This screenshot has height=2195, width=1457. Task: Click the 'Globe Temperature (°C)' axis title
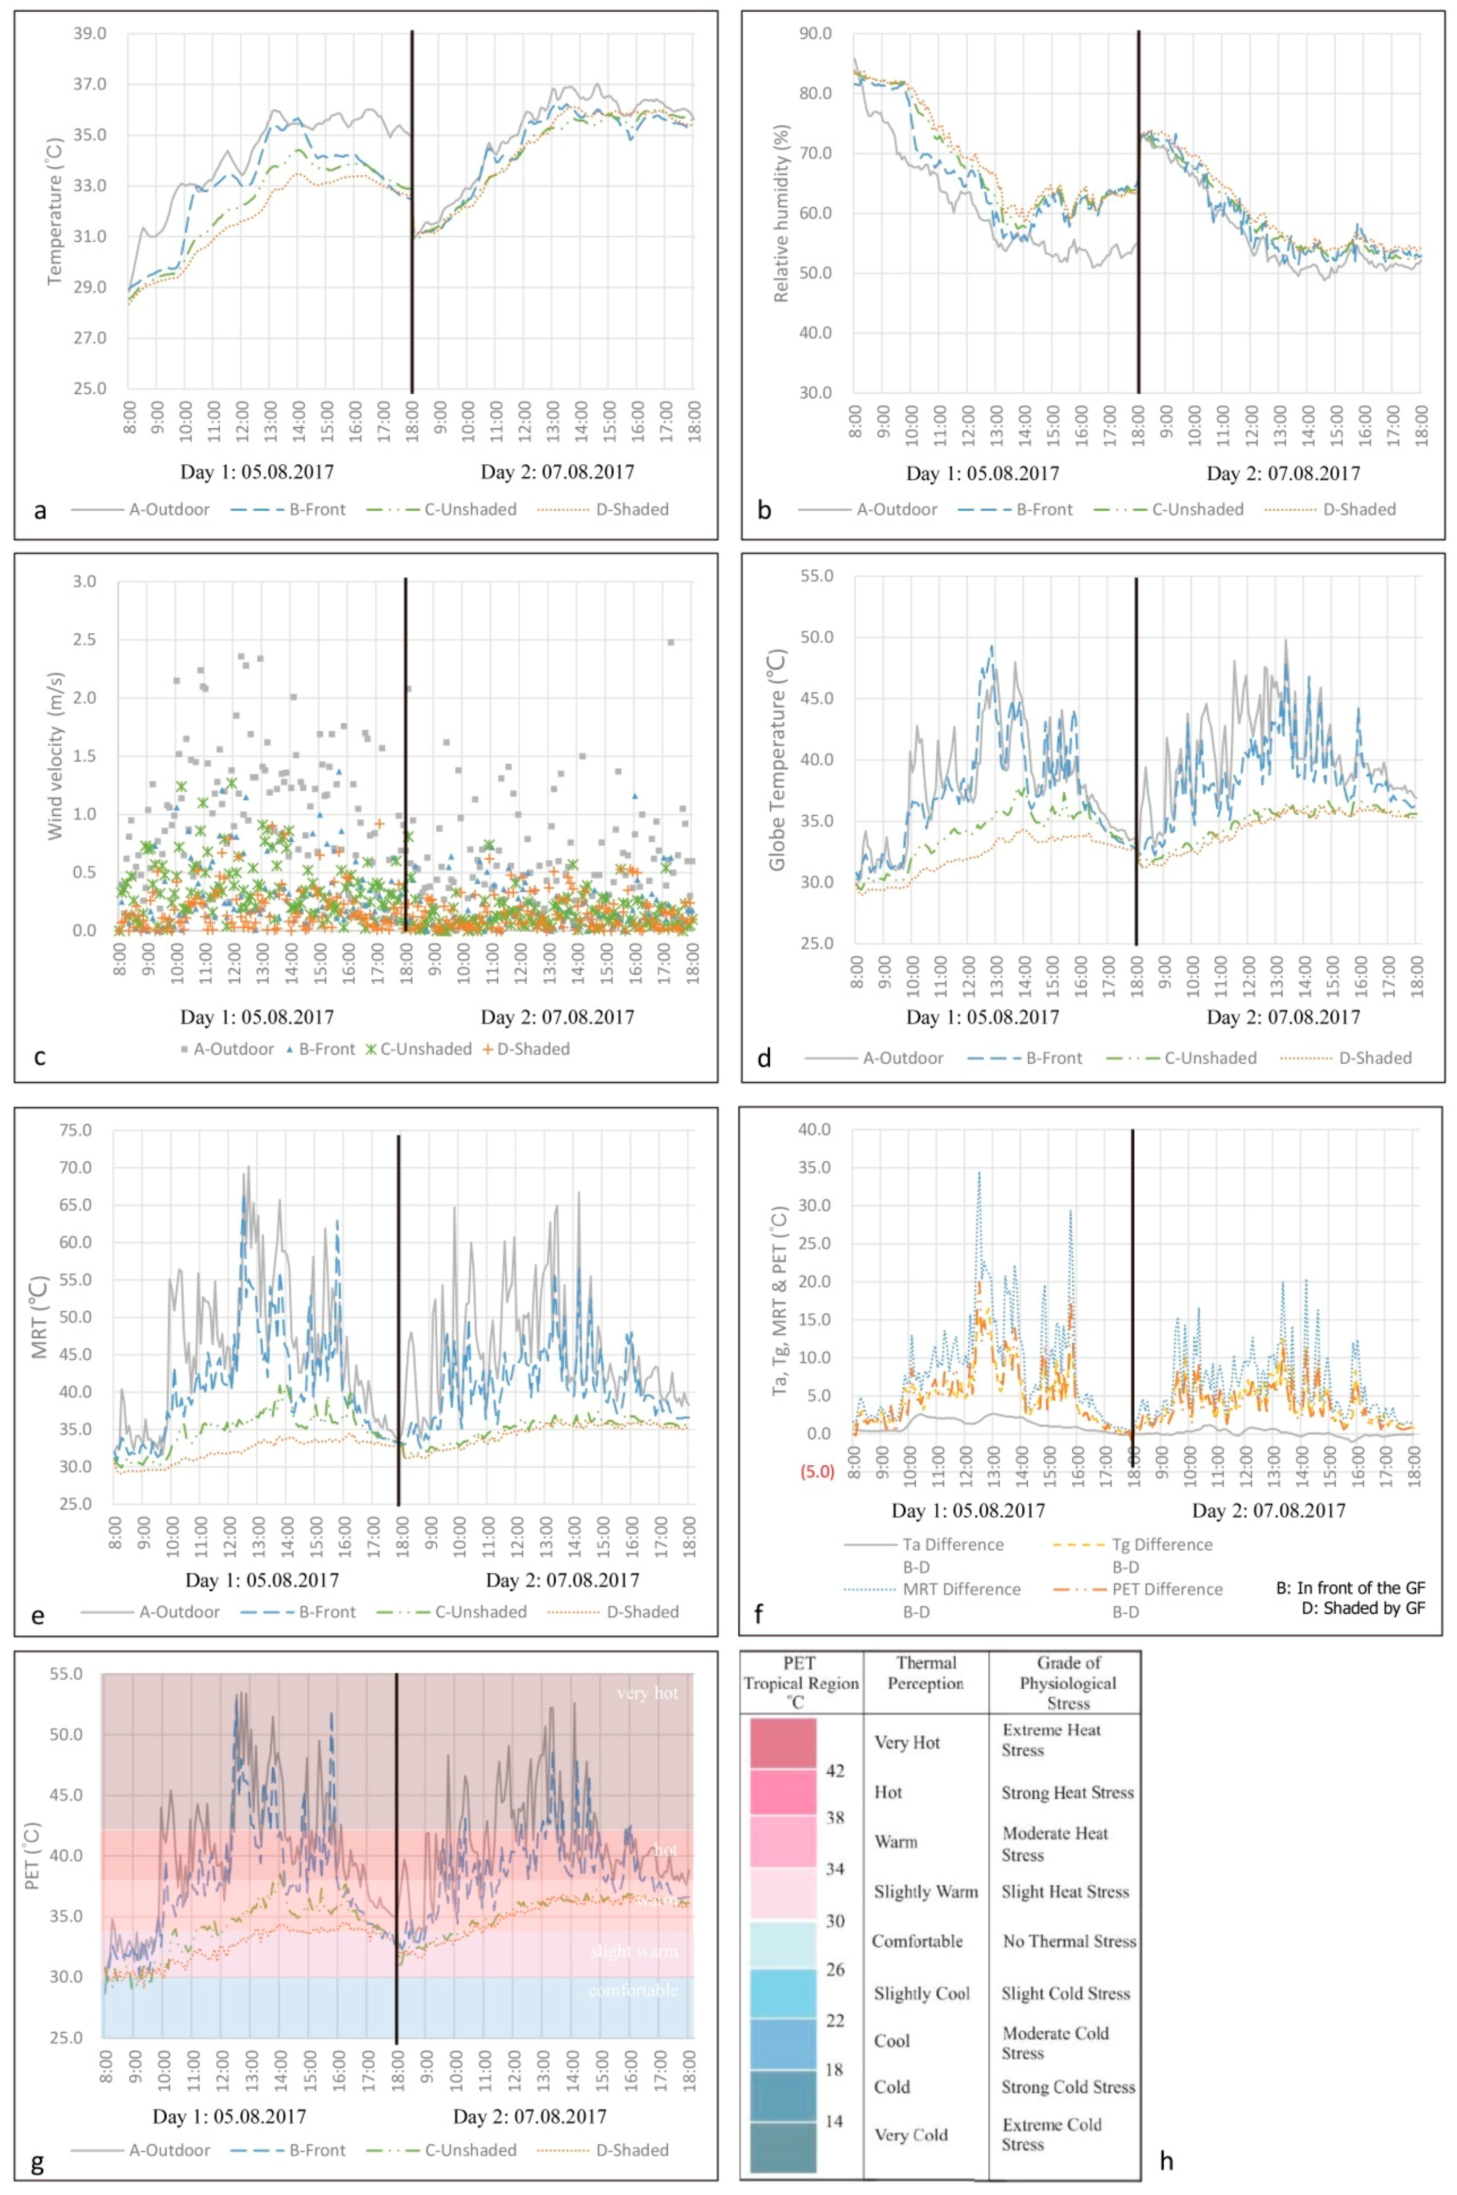(x=778, y=760)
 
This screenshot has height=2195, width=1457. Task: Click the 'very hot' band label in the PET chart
(x=647, y=1693)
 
